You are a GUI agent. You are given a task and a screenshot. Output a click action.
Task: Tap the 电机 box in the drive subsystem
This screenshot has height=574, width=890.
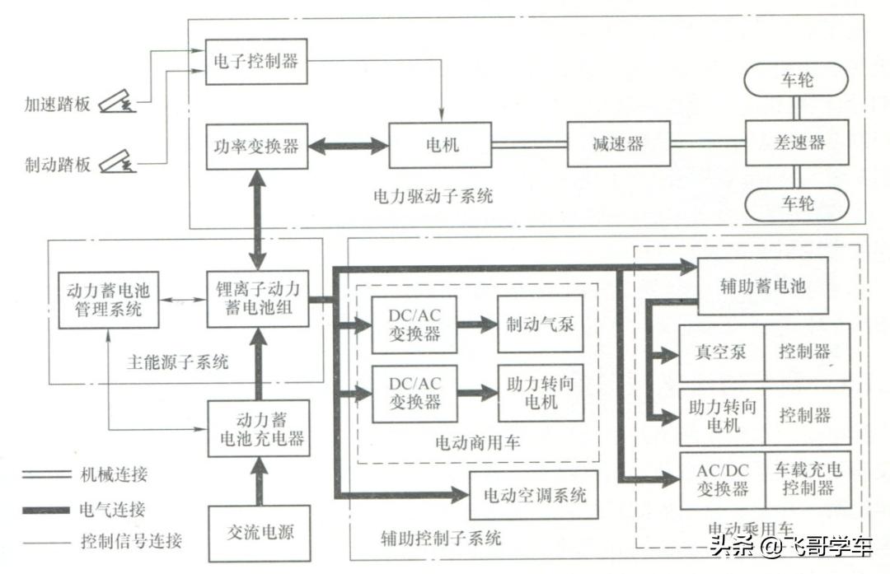[x=441, y=145]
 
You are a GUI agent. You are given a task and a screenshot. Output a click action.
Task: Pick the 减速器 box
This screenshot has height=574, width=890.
[x=617, y=144]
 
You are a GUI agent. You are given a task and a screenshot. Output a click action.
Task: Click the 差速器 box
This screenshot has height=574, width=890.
[x=797, y=143]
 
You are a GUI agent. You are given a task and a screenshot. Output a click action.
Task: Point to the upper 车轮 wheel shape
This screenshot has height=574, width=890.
[x=796, y=80]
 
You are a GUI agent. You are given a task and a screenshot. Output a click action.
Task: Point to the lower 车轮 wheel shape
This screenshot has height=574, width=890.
[x=796, y=203]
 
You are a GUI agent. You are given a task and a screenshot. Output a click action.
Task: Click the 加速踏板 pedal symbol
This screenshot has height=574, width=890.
[x=117, y=103]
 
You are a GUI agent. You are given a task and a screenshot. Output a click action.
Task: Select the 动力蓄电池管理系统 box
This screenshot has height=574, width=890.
[x=105, y=299]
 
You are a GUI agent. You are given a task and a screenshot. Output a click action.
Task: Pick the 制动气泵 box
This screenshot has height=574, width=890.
[x=540, y=324]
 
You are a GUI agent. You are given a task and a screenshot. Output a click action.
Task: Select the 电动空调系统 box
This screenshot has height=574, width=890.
[x=534, y=495]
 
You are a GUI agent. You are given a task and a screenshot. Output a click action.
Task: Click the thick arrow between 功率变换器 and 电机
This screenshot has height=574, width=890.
[x=347, y=147]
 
